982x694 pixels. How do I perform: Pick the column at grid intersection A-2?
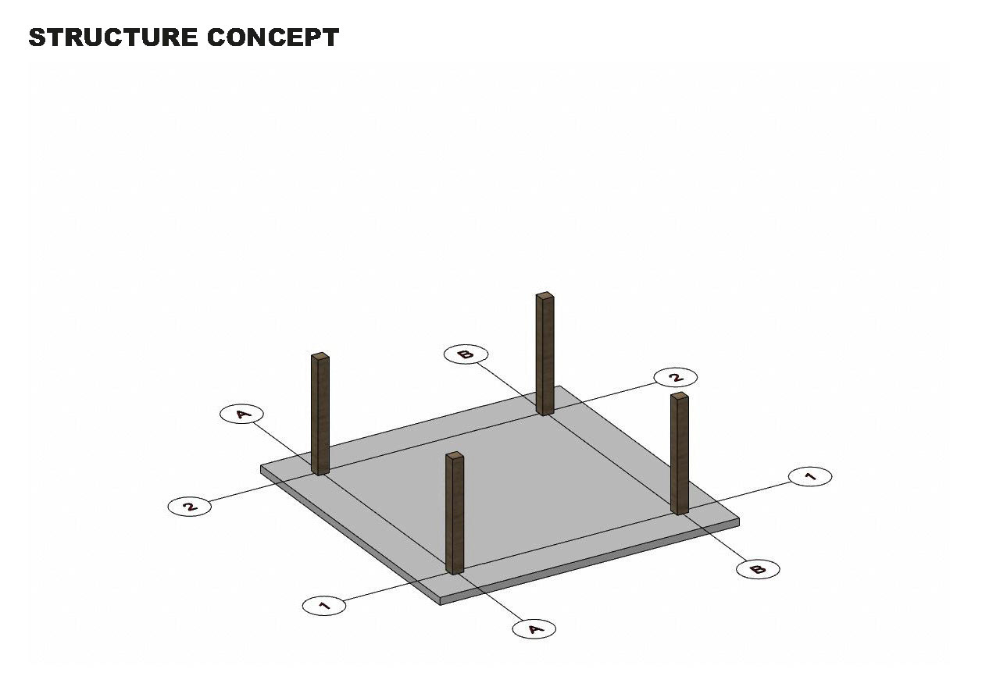(x=320, y=415)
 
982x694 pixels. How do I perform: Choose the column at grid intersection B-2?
(x=545, y=354)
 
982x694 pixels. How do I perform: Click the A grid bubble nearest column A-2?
(x=242, y=414)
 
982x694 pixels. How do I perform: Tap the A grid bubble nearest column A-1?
(x=534, y=628)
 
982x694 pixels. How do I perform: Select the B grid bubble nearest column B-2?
(x=466, y=354)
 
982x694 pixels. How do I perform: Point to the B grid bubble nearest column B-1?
(x=758, y=569)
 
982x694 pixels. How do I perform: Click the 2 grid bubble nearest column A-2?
(x=189, y=506)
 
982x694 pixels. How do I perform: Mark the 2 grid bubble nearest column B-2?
(x=676, y=378)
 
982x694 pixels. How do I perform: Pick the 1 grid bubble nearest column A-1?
(x=324, y=605)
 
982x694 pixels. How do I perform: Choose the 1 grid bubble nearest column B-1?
(x=810, y=476)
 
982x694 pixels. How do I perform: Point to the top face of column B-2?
(x=545, y=295)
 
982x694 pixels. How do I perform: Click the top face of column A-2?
(x=320, y=357)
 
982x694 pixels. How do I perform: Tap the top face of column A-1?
(x=455, y=455)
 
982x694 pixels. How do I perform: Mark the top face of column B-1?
(x=680, y=396)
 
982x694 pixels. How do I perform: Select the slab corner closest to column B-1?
(x=738, y=518)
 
